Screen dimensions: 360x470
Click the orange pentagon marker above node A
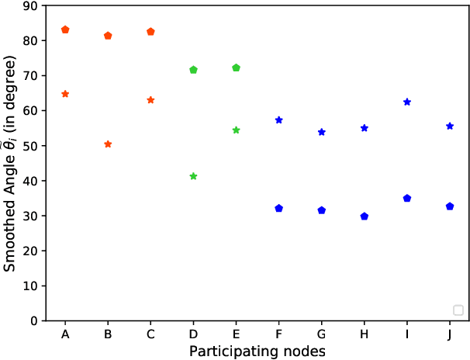point(65,29)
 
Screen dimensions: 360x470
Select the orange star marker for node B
point(108,144)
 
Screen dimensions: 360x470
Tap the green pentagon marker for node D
point(193,70)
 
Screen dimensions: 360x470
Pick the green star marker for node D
point(193,177)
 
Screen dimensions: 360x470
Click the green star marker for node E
point(236,130)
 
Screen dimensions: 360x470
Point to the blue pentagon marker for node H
point(365,216)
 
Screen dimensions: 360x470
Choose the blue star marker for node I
point(407,102)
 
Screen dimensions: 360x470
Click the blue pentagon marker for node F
point(278,208)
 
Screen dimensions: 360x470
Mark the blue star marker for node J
point(450,126)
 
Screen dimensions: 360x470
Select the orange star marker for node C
point(150,100)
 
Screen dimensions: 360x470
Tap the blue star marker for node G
point(321,132)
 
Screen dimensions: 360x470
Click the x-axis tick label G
point(321,334)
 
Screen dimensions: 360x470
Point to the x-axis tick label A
point(65,334)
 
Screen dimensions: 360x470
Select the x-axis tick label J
point(450,334)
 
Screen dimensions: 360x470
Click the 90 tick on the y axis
point(33,6)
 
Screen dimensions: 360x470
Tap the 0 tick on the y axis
point(36,320)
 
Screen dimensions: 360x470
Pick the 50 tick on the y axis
point(33,146)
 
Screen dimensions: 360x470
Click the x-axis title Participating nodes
point(257,351)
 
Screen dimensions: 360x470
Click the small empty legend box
point(458,310)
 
